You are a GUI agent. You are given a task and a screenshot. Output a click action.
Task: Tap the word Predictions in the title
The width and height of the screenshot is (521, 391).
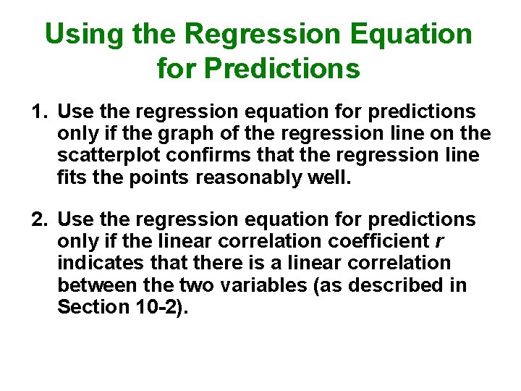tap(282, 69)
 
